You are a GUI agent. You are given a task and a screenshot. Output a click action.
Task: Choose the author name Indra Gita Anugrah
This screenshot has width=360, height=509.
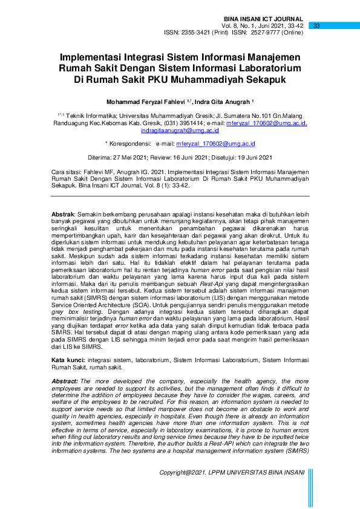pos(225,101)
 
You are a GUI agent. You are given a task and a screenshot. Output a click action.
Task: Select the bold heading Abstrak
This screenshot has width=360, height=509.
pos(62,215)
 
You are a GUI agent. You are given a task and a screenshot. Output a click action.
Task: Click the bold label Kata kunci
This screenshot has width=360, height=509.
pos(67,359)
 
